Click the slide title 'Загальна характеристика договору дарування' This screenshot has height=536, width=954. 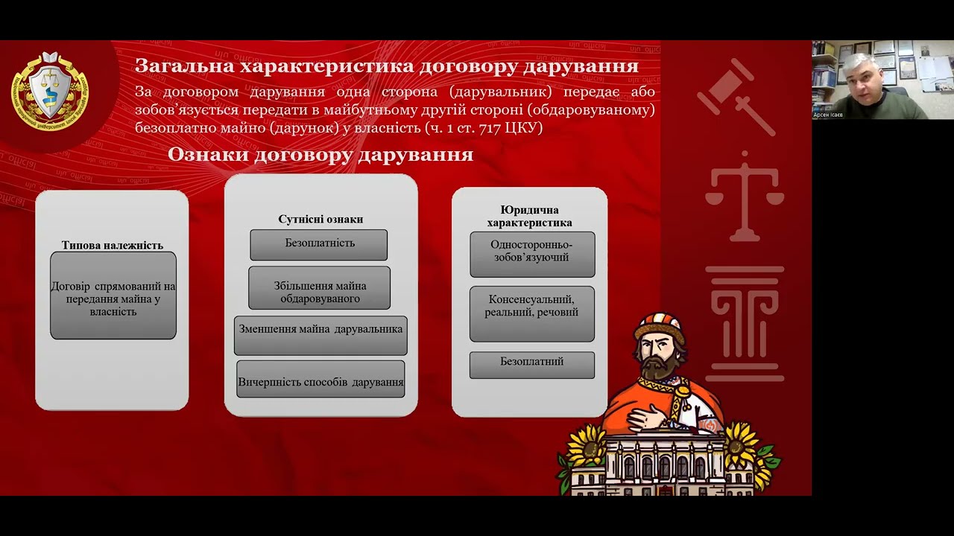tap(386, 66)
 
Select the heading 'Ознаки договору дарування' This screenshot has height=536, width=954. tap(320, 154)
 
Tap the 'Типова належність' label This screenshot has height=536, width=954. tap(113, 245)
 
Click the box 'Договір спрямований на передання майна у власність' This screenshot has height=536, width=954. tap(113, 298)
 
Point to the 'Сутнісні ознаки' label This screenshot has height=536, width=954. tap(320, 219)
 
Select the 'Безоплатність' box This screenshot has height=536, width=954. tap(319, 244)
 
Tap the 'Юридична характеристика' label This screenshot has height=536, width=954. tap(530, 216)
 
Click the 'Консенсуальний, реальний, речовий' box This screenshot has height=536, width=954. tap(532, 313)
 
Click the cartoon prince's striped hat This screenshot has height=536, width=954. tap(660, 326)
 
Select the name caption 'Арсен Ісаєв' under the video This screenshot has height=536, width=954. tap(828, 115)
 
